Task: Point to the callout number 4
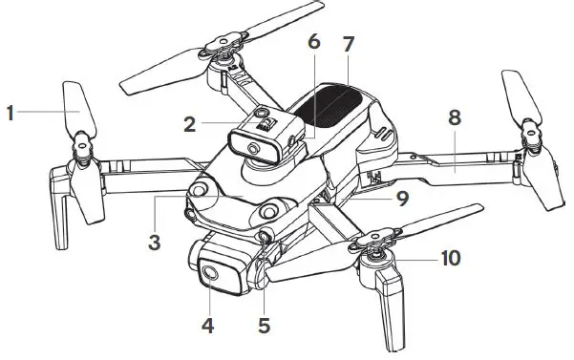tap(207, 326)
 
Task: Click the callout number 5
tap(265, 326)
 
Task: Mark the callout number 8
tap(455, 117)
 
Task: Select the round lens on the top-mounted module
tap(252, 149)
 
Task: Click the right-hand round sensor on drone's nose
tap(271, 208)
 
